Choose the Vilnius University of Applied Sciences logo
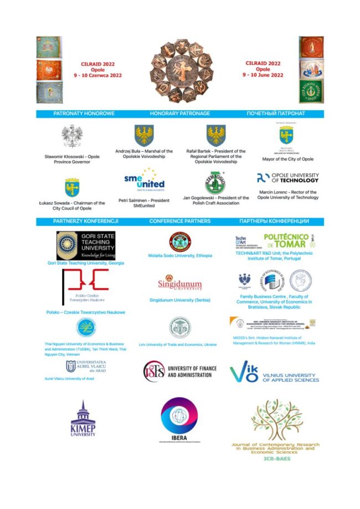(x=274, y=372)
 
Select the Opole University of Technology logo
(x=287, y=178)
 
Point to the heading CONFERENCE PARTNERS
(x=180, y=221)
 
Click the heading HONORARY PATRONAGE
(x=180, y=113)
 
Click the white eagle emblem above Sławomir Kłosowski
(x=72, y=137)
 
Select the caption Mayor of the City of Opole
(x=287, y=159)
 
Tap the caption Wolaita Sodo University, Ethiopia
(x=180, y=255)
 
